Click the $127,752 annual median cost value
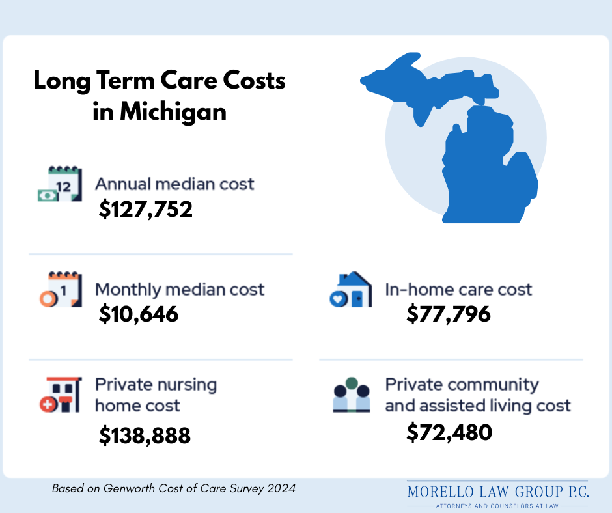[x=146, y=209]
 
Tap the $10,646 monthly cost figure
[x=138, y=314]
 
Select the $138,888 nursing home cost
[x=145, y=436]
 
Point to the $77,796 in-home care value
[x=448, y=314]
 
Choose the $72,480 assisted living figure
[x=449, y=432]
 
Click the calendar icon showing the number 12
[x=59, y=184]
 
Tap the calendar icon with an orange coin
[x=59, y=290]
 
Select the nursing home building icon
[x=59, y=395]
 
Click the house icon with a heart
[x=351, y=290]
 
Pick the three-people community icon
[x=351, y=395]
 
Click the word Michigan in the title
[x=172, y=111]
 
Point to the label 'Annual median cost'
[x=174, y=184]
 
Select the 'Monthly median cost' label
[x=180, y=290]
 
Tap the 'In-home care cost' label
[x=458, y=290]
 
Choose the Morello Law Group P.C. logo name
[x=498, y=492]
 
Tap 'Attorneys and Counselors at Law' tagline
[x=497, y=505]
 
